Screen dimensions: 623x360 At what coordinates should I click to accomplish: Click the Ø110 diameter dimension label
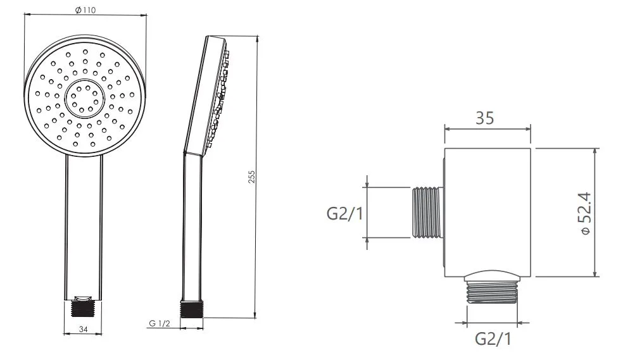click(x=85, y=10)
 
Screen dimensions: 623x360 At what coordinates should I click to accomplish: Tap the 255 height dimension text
click(x=251, y=177)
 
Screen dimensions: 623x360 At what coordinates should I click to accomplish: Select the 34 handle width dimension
click(x=83, y=329)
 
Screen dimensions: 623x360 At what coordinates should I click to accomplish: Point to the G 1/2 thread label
click(x=160, y=323)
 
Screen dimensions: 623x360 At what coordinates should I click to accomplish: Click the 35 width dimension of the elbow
click(x=485, y=118)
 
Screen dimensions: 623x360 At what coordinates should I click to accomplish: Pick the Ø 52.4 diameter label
click(x=586, y=214)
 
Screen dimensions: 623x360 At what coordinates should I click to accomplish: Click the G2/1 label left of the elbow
click(x=344, y=214)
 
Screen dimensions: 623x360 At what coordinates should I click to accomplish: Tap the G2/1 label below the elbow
click(x=493, y=339)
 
